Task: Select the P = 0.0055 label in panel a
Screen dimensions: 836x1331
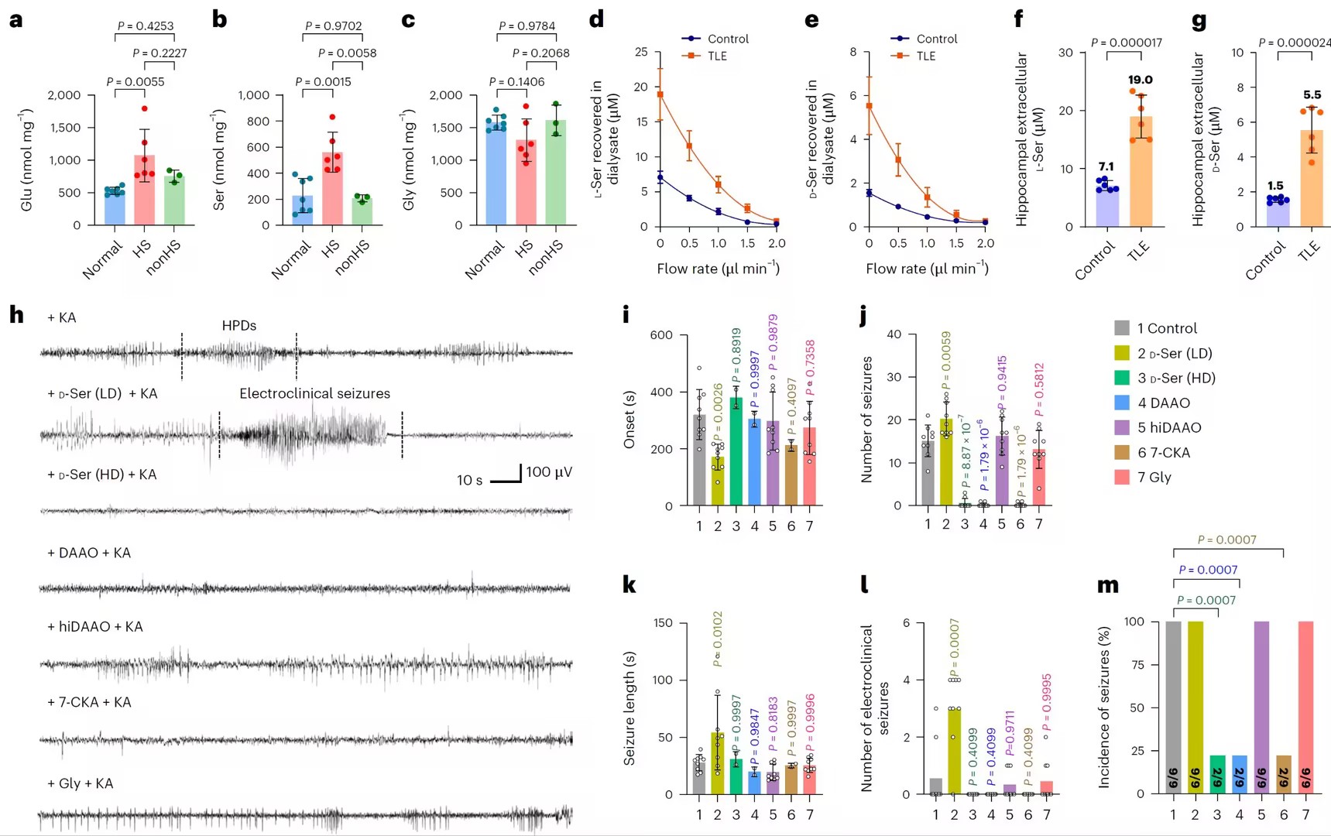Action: [x=136, y=81]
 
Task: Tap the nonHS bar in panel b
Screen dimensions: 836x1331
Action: [x=362, y=211]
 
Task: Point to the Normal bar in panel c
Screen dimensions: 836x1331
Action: [x=496, y=172]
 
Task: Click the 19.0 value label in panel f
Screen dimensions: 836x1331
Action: [x=1140, y=80]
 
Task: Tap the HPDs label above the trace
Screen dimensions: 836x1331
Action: [x=239, y=326]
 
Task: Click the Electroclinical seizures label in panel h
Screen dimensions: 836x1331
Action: [x=314, y=393]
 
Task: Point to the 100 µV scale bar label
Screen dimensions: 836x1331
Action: [x=549, y=472]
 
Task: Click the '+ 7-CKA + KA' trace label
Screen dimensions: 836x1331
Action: [x=89, y=702]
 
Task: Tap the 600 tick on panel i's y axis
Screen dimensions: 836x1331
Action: [x=661, y=335]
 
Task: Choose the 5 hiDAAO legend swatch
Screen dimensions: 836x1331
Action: [x=1122, y=427]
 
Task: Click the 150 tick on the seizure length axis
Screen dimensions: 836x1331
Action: [x=663, y=623]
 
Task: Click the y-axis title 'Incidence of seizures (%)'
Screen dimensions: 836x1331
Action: [x=1105, y=707]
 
